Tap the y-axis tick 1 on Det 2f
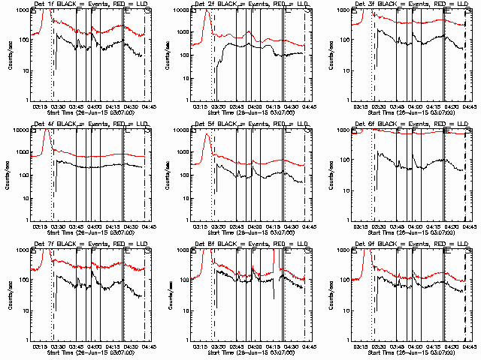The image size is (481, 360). [185, 100]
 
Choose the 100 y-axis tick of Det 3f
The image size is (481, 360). [340, 40]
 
